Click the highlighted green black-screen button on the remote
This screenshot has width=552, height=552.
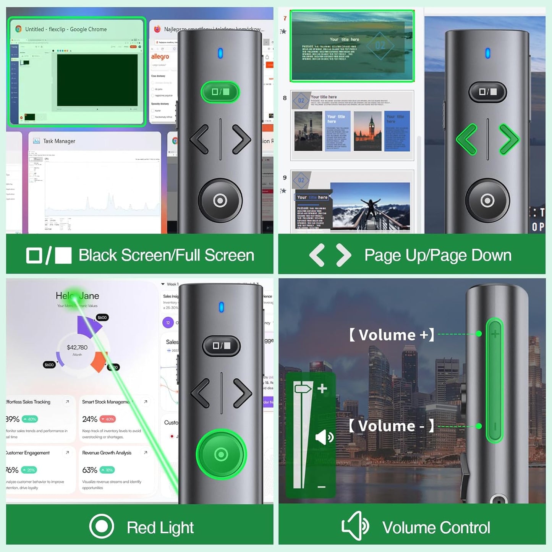pos(220,92)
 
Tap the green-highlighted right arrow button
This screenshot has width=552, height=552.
pos(509,139)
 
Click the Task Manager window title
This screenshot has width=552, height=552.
pos(59,141)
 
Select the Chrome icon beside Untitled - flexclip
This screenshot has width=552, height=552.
pos(18,29)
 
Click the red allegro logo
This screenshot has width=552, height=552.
pos(160,57)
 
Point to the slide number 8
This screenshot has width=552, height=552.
pos(285,98)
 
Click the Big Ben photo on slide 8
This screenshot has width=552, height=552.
pos(367,131)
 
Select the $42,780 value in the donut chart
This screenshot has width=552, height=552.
pos(77,347)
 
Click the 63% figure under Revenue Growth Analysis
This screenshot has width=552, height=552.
pos(90,470)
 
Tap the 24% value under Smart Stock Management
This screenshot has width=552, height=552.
pos(90,419)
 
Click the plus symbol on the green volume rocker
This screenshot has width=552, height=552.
pos(495,334)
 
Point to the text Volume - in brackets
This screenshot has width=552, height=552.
pos(391,426)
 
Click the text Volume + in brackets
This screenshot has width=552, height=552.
pos(392,335)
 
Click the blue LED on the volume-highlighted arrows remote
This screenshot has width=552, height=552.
pos(487,53)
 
